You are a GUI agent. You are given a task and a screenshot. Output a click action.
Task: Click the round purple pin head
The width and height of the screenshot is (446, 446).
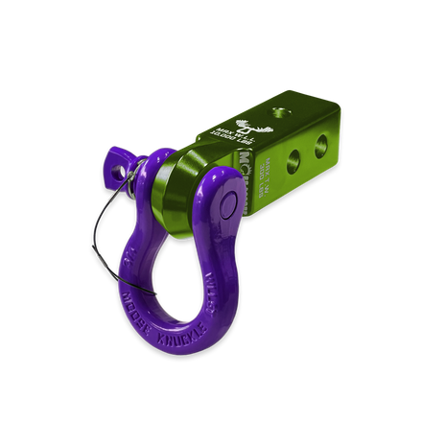230,200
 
